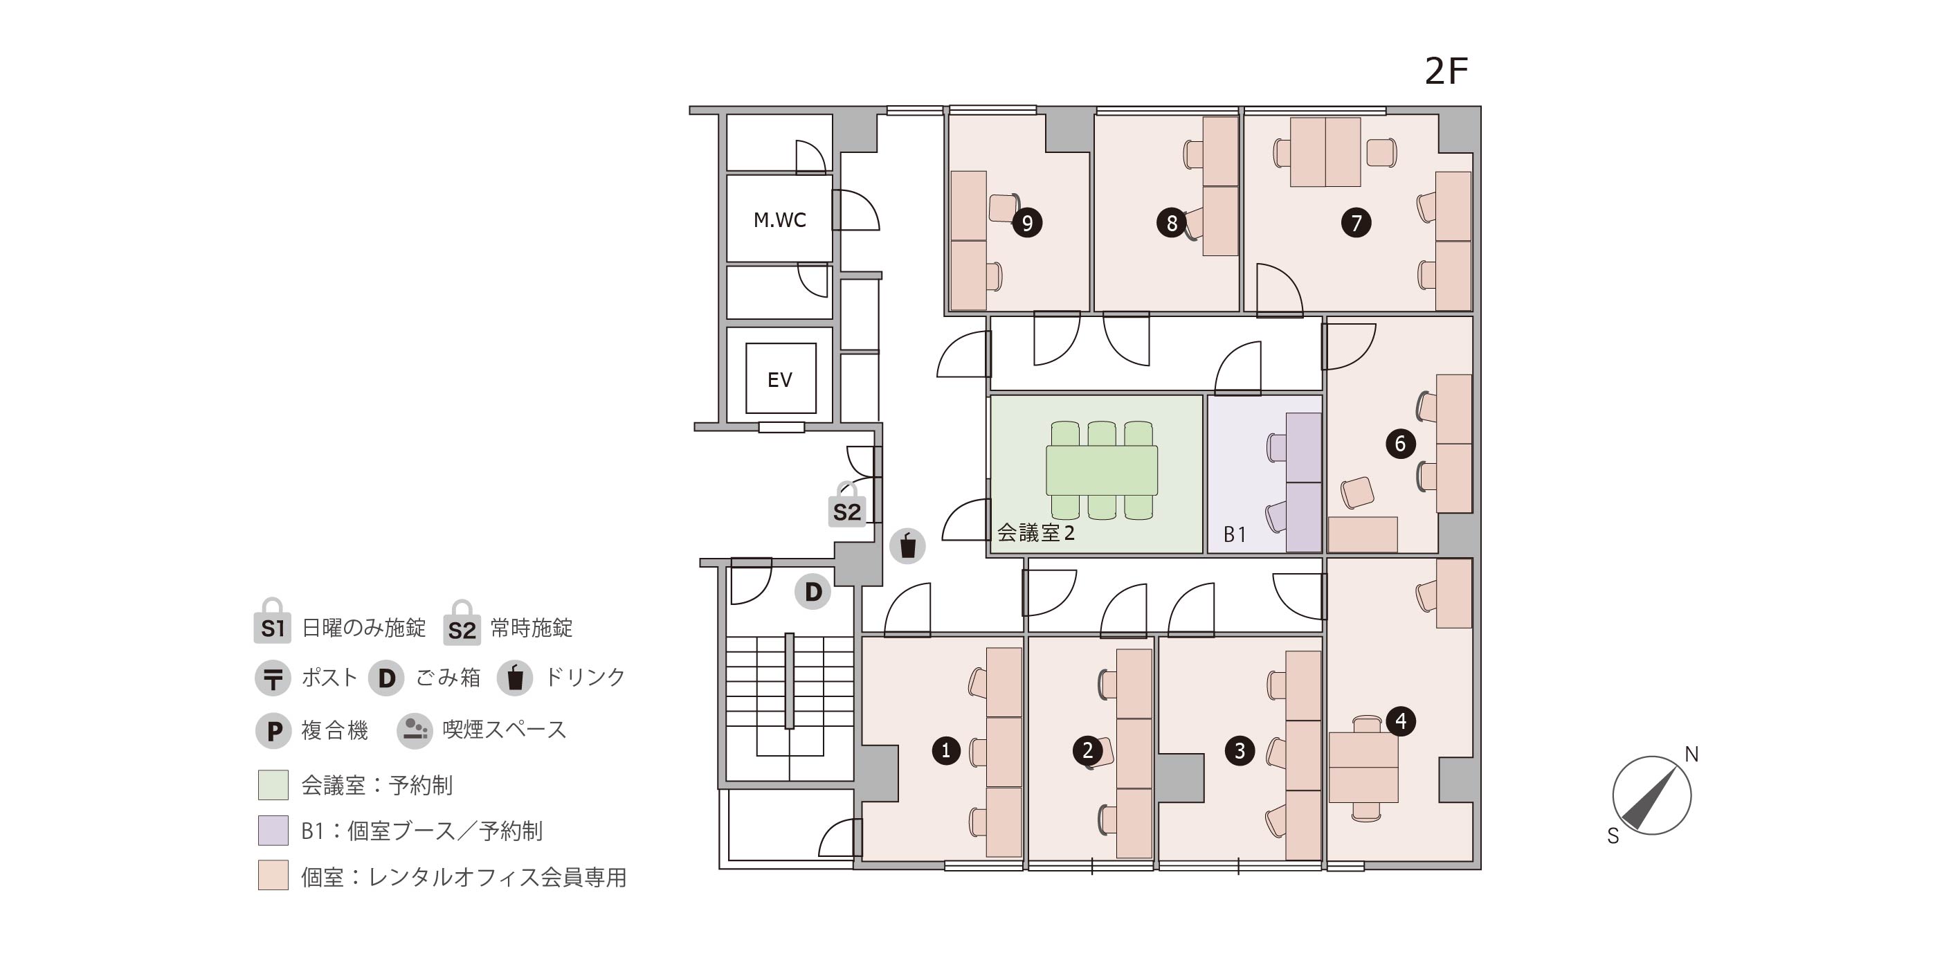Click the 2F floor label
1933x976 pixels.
(1446, 71)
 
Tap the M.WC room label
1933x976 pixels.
(780, 220)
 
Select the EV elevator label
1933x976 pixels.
(780, 380)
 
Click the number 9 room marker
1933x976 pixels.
(1027, 222)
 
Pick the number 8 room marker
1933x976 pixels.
(1171, 222)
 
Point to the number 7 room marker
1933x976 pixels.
(1356, 222)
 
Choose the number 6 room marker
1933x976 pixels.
(1400, 444)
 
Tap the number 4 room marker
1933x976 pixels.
(1400, 721)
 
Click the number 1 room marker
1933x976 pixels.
(945, 750)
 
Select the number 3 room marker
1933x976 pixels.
(1240, 750)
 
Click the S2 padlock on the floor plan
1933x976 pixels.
(846, 505)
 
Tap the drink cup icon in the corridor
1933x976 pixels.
(907, 546)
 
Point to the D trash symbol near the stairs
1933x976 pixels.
(813, 592)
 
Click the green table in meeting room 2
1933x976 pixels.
(1102, 470)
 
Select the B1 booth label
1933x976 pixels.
(1235, 534)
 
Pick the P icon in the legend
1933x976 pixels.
(273, 730)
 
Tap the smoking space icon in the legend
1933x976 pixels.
(414, 730)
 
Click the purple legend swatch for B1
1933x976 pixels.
(273, 831)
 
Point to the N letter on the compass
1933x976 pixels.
(1691, 754)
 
